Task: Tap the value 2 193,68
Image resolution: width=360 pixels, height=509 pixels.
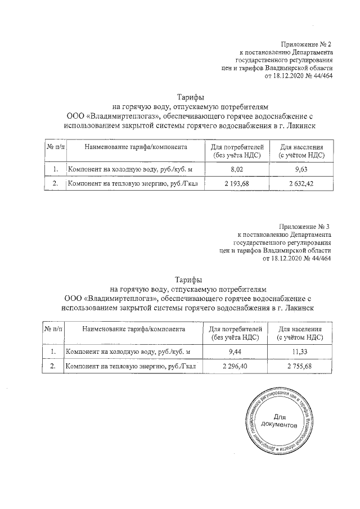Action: pos(237,183)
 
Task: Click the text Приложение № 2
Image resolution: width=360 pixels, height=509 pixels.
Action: pos(307,44)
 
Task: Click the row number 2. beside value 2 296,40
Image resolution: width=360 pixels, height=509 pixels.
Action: pos(53,367)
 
